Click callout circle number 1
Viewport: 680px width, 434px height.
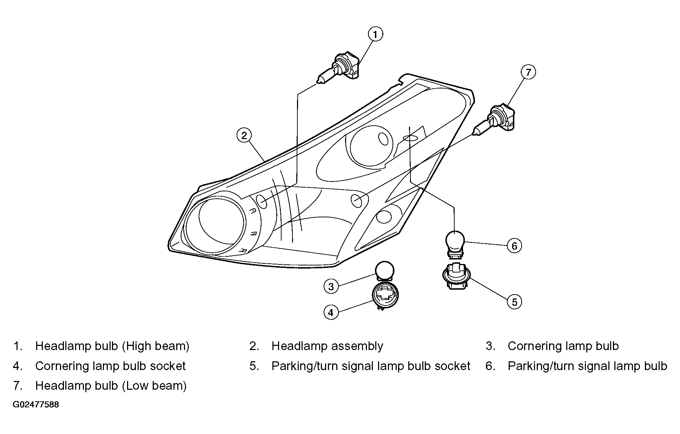[375, 34]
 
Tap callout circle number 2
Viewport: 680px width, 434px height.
[244, 135]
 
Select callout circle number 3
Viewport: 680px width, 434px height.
[331, 287]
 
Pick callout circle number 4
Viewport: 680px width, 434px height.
[331, 312]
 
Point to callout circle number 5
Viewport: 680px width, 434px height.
[514, 302]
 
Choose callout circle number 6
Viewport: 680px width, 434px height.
[514, 246]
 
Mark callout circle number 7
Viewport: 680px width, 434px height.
[528, 72]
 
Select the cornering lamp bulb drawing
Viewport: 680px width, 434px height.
[384, 271]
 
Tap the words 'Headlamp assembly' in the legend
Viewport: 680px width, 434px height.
[327, 346]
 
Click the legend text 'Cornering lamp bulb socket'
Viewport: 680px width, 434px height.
[110, 366]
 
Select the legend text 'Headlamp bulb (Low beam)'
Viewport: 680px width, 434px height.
[111, 386]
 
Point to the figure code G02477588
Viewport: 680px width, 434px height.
[36, 405]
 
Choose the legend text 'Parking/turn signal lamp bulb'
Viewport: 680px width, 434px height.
[587, 366]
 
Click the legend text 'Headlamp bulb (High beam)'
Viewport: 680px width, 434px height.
[112, 346]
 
